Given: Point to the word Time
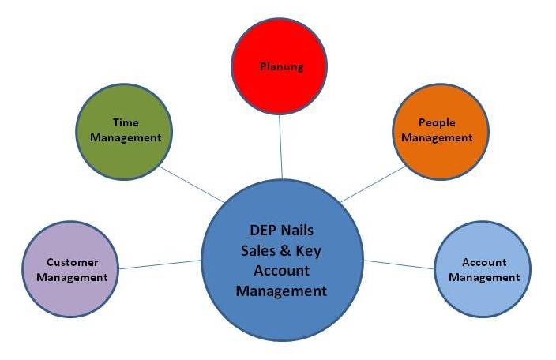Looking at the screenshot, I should (126, 122).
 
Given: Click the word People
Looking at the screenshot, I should (437, 123).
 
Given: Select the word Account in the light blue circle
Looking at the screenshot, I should (483, 262).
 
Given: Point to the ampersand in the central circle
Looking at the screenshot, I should (285, 250).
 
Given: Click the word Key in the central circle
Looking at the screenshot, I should (309, 250).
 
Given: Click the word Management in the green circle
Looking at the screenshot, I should (126, 137).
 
